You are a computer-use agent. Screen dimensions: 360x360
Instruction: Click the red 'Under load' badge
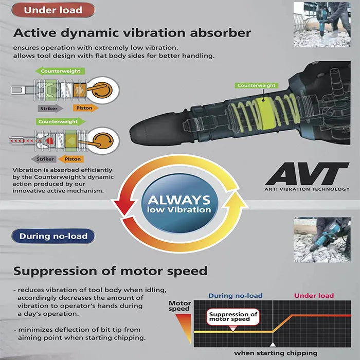[x=53, y=10]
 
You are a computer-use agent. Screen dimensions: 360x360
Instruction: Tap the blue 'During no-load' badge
[x=53, y=236]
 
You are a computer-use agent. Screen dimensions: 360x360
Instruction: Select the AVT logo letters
[x=307, y=174]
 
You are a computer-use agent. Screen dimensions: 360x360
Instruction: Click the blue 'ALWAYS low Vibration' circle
[x=179, y=204]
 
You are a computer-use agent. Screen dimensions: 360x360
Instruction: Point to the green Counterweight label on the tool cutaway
[x=257, y=85]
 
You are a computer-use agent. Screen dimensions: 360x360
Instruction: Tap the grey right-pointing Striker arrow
[x=50, y=109]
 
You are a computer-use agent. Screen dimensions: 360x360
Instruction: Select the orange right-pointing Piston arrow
[x=85, y=108]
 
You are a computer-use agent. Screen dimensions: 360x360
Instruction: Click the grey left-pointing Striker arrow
[x=44, y=159]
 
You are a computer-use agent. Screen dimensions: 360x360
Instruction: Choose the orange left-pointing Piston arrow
[x=71, y=159]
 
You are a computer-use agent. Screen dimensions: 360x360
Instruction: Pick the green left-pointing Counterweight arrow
[x=60, y=71]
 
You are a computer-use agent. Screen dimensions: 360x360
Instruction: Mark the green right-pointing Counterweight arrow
[x=61, y=121]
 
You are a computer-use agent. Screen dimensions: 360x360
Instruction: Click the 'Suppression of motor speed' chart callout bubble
[x=233, y=318]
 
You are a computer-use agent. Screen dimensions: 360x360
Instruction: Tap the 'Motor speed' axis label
[x=179, y=306]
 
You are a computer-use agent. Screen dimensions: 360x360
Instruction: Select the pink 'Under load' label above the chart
[x=314, y=296]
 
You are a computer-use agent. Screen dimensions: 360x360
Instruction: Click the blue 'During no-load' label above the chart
[x=236, y=296]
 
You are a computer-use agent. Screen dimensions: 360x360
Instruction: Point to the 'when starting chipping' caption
[x=276, y=353]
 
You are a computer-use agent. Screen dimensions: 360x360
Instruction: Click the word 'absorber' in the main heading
[x=221, y=33]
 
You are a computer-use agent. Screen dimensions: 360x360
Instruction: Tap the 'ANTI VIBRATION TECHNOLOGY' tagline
[x=307, y=189]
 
